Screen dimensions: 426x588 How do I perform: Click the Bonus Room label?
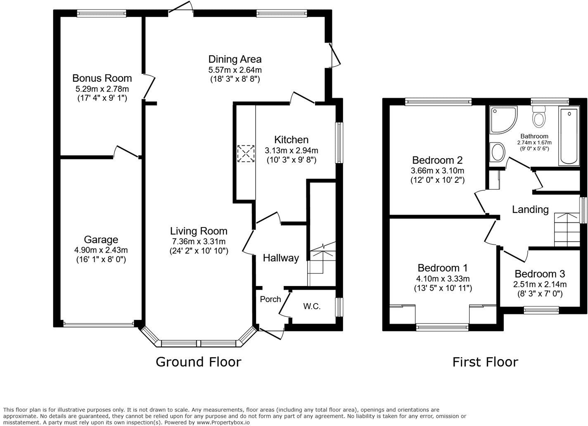(x=102, y=78)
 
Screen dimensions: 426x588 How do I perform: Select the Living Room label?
(x=199, y=231)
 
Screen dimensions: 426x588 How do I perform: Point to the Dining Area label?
(x=235, y=59)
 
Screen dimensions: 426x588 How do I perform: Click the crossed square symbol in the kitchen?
(x=246, y=154)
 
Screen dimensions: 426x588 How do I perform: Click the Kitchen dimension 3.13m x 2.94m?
(x=291, y=150)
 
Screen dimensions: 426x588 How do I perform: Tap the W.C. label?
(x=312, y=306)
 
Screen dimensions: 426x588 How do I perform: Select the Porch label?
(x=270, y=299)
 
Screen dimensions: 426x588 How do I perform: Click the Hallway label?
(x=281, y=258)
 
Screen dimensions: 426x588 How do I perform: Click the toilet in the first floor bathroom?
(x=538, y=116)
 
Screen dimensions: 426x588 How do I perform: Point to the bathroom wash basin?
(x=497, y=152)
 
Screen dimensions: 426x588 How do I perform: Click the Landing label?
(x=530, y=209)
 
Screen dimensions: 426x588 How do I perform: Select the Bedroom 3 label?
(x=540, y=274)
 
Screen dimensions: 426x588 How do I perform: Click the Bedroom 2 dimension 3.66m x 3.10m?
(x=437, y=170)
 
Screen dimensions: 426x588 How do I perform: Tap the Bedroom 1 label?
(x=443, y=268)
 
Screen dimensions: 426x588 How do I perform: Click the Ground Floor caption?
(x=198, y=362)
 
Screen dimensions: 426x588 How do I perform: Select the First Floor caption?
(x=485, y=362)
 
